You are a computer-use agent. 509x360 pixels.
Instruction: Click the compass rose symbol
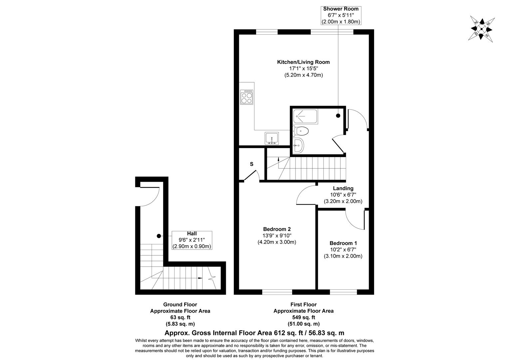481,28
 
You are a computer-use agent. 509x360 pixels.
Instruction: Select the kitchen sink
272,138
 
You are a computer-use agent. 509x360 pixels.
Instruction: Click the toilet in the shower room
301,131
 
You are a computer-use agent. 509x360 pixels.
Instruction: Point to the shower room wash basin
298,145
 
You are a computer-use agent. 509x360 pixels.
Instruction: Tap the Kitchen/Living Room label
303,62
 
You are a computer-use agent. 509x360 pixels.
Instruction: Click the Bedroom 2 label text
277,229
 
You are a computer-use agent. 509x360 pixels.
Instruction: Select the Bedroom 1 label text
343,243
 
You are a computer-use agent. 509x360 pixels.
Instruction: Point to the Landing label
343,188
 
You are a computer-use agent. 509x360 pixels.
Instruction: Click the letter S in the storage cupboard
252,164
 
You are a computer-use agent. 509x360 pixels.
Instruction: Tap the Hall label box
192,240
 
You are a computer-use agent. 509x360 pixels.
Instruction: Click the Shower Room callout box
341,15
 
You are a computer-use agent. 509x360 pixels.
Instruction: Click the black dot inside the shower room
338,116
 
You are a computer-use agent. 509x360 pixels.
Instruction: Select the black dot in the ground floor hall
159,236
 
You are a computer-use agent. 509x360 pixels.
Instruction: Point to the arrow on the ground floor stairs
200,278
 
